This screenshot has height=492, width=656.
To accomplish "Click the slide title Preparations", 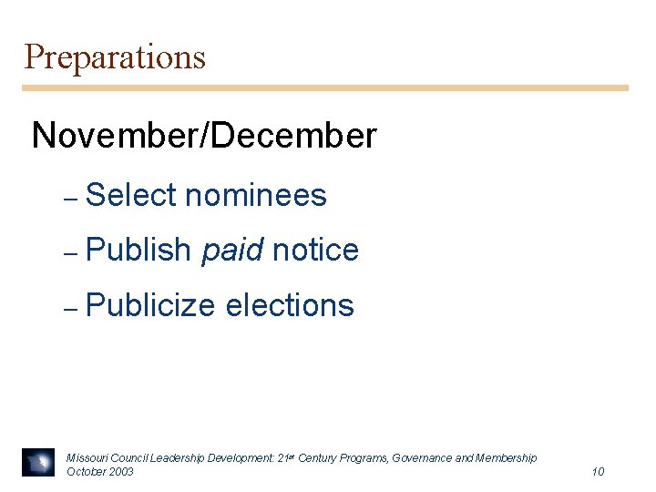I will pyautogui.click(x=115, y=57).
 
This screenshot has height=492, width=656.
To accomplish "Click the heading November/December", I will pyautogui.click(x=203, y=136).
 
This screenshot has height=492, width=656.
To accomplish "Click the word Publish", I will pyautogui.click(x=138, y=250).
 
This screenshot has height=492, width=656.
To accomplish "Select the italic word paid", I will pyautogui.click(x=231, y=250).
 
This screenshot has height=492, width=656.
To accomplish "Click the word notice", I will pyautogui.click(x=315, y=250).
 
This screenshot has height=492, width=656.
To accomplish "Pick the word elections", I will pyautogui.click(x=289, y=305).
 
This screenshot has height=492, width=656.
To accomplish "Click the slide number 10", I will pyautogui.click(x=598, y=471).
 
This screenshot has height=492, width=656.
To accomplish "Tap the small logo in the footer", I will pyautogui.click(x=39, y=463).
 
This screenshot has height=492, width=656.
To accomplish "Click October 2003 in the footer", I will pyautogui.click(x=100, y=471).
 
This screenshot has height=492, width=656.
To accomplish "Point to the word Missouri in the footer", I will pyautogui.click(x=86, y=457).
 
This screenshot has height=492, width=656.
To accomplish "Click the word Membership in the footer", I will pyautogui.click(x=507, y=457).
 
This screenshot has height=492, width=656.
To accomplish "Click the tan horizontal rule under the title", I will pyautogui.click(x=325, y=88).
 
